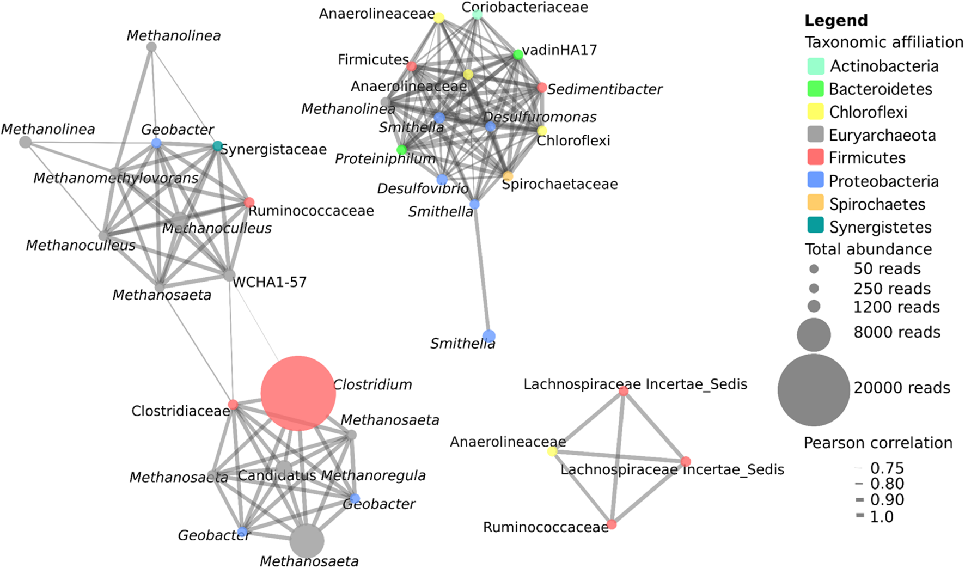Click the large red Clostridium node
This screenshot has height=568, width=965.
[298, 393]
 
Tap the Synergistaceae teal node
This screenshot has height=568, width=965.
[217, 146]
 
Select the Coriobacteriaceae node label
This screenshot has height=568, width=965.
[524, 7]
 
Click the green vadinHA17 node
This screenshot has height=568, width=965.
[518, 54]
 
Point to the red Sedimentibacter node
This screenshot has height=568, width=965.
[541, 88]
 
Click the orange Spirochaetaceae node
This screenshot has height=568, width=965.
[508, 176]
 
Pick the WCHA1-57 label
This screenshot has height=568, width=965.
[269, 282]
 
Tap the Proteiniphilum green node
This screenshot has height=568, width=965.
[402, 150]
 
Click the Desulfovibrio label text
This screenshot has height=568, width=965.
[423, 188]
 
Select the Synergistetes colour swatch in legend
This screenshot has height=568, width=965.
[815, 226]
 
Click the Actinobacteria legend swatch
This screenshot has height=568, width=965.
[815, 66]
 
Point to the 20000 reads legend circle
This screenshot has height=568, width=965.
[814, 390]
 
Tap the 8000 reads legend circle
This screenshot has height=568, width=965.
[814, 334]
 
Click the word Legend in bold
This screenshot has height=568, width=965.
[836, 21]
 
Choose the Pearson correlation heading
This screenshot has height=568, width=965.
[878, 443]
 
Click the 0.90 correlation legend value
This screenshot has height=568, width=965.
[887, 499]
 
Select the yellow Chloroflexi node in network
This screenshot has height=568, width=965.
[542, 131]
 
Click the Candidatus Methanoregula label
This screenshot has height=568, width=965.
[332, 475]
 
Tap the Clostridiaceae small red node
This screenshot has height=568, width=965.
[233, 405]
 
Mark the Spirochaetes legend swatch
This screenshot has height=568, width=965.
[815, 203]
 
